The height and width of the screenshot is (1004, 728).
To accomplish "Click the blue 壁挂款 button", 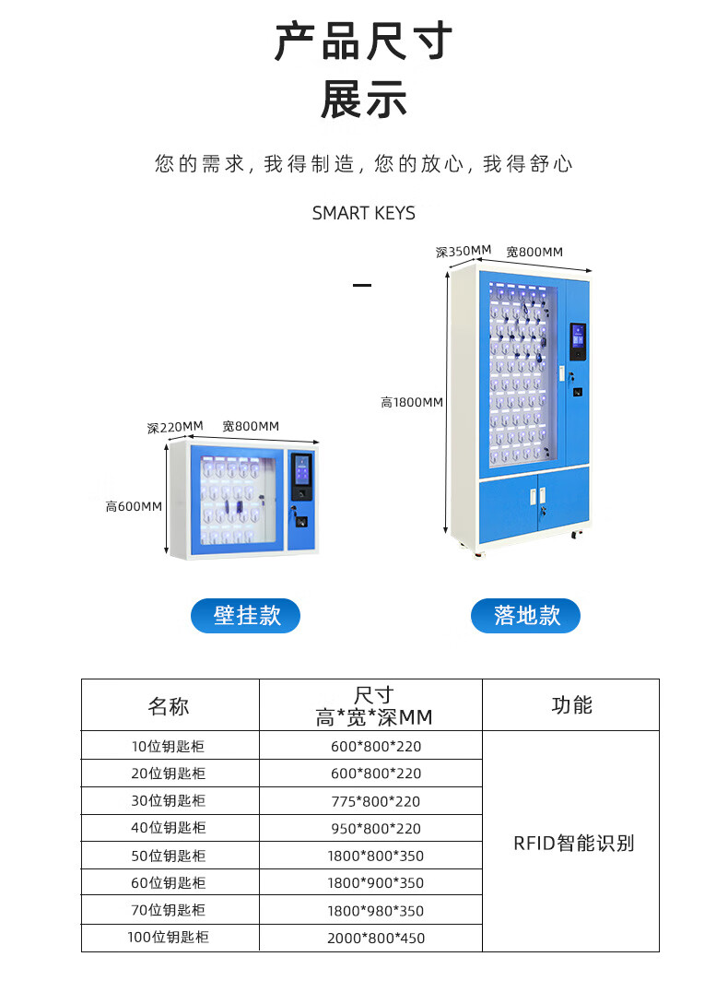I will coord(245,616).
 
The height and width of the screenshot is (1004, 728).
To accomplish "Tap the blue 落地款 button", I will coord(525,616).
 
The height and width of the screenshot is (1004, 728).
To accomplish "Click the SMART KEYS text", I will coord(364,213).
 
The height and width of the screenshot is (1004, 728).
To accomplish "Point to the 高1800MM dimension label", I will coord(412,402).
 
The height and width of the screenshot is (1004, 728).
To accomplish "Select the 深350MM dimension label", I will coord(463,251).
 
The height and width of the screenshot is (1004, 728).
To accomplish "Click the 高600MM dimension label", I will coord(134,506).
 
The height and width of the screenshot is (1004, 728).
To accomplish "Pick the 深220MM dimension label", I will coord(174,427).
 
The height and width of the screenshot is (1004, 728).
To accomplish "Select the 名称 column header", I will coord(170,706).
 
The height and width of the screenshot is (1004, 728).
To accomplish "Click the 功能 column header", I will coord(570,705).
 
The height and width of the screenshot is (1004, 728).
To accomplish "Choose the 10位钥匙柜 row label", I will coord(168,747).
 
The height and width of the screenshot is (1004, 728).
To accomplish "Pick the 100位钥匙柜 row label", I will coord(168,938).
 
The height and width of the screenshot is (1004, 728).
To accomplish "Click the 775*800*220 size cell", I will coord(376,801).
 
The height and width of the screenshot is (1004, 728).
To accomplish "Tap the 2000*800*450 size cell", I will coord(376,939).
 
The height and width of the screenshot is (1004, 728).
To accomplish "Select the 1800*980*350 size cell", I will coord(376,911).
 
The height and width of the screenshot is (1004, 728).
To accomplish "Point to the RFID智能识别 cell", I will coord(573,843).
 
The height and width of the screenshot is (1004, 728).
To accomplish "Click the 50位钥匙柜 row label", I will coord(168,856).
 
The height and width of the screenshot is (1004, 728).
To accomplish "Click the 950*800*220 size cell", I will coord(376,829).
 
